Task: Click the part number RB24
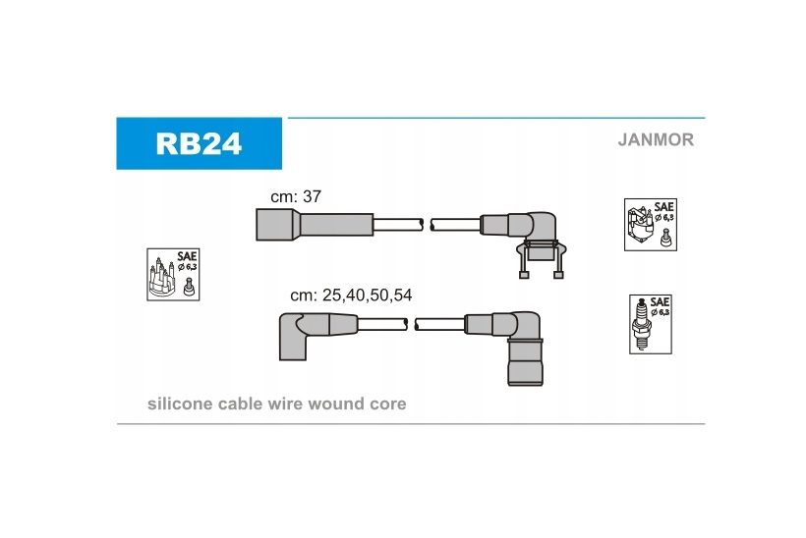click(198, 143)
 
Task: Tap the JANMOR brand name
click(656, 139)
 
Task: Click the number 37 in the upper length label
click(312, 196)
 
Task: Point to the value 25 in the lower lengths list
click(332, 296)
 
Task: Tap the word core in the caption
click(387, 403)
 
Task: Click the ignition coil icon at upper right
click(650, 225)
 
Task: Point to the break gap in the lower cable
click(412, 323)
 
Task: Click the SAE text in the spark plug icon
click(661, 302)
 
